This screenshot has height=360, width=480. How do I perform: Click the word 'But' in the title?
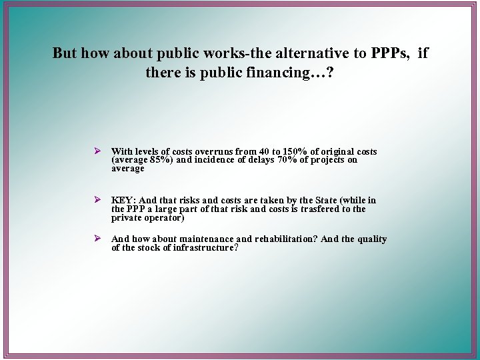pyautogui.click(x=64, y=53)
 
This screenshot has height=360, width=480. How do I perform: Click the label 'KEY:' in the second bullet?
pyautogui.click(x=124, y=200)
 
